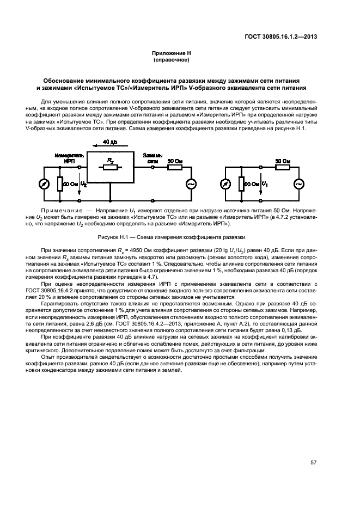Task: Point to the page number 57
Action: point(313,462)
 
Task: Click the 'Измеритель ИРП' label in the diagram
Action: point(65,158)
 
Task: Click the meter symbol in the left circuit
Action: point(46,184)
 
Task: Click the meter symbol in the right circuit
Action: point(226,184)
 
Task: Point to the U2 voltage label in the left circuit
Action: point(83,185)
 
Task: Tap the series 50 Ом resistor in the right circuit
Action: point(282,167)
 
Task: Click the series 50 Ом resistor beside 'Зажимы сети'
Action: point(174,167)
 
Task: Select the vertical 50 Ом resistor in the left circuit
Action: point(60,184)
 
